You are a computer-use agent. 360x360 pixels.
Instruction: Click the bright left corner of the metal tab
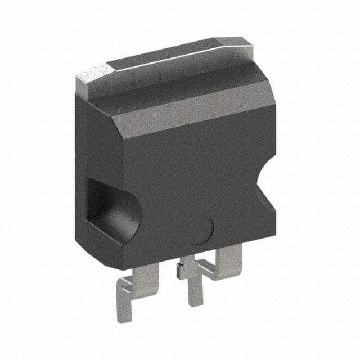tap(93, 76)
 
